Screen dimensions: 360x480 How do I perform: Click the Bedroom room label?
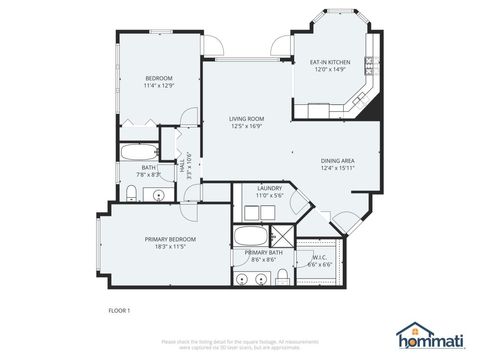click(160, 78)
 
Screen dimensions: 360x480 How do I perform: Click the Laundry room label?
click(268, 188)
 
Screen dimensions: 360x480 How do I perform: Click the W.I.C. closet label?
click(320, 258)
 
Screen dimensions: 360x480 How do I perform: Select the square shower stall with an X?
click(283, 237)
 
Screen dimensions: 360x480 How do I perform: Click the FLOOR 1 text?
click(119, 312)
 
